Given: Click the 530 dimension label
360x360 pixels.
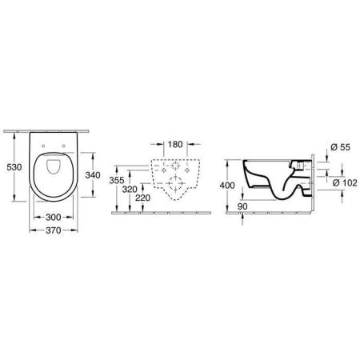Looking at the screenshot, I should [11, 168].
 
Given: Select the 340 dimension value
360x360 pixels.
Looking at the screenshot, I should [93, 174].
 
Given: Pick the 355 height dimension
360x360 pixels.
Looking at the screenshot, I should [117, 181].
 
